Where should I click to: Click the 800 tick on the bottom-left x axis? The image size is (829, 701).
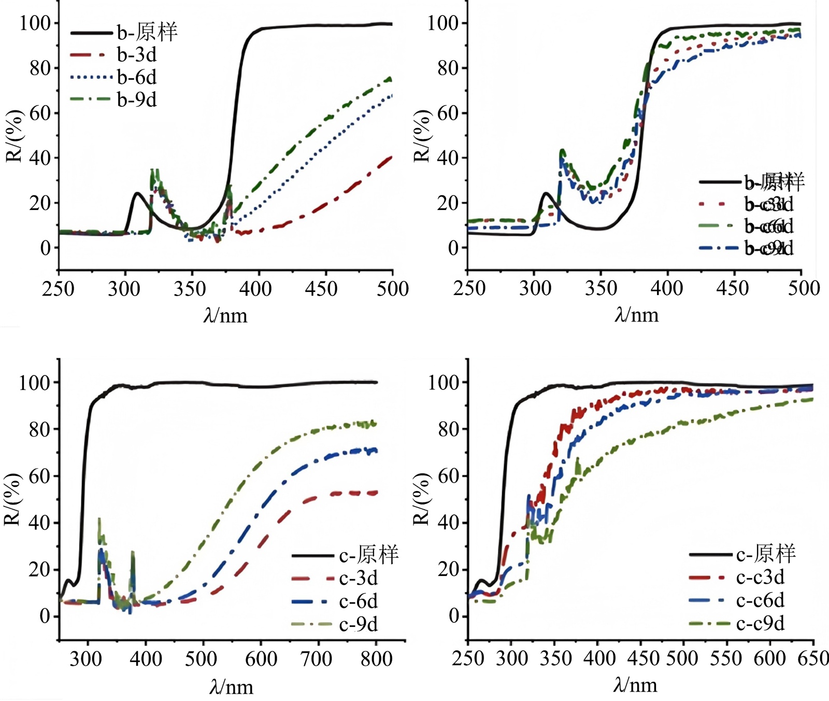click(x=377, y=658)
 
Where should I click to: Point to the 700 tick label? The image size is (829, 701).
click(x=317, y=658)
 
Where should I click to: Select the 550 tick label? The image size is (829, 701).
click(x=726, y=658)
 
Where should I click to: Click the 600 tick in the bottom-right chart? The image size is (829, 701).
click(x=769, y=658)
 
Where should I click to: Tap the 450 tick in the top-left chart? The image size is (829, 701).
click(x=321, y=288)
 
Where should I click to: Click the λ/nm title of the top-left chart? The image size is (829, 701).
click(x=225, y=315)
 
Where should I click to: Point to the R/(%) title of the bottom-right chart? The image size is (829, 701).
click(x=422, y=499)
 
